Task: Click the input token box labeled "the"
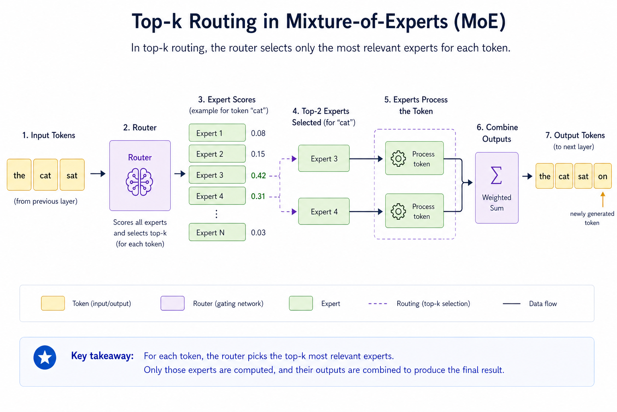click(19, 175)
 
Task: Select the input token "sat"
click(72, 175)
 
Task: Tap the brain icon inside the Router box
click(139, 182)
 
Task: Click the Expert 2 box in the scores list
click(217, 154)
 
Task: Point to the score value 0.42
click(258, 175)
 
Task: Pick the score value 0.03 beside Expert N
click(258, 233)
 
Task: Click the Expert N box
click(217, 232)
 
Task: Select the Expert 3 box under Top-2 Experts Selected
click(324, 159)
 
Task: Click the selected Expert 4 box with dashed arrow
click(324, 211)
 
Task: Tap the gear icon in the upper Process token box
click(398, 159)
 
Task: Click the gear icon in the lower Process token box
click(398, 211)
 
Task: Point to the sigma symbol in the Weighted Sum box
click(496, 175)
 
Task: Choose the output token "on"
click(603, 176)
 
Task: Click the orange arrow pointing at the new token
click(603, 199)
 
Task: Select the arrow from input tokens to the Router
click(98, 174)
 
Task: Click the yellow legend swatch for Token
click(53, 303)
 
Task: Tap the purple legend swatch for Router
click(172, 303)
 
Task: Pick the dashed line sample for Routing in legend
click(378, 304)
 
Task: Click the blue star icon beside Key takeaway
click(45, 357)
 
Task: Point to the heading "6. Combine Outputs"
click(497, 133)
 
